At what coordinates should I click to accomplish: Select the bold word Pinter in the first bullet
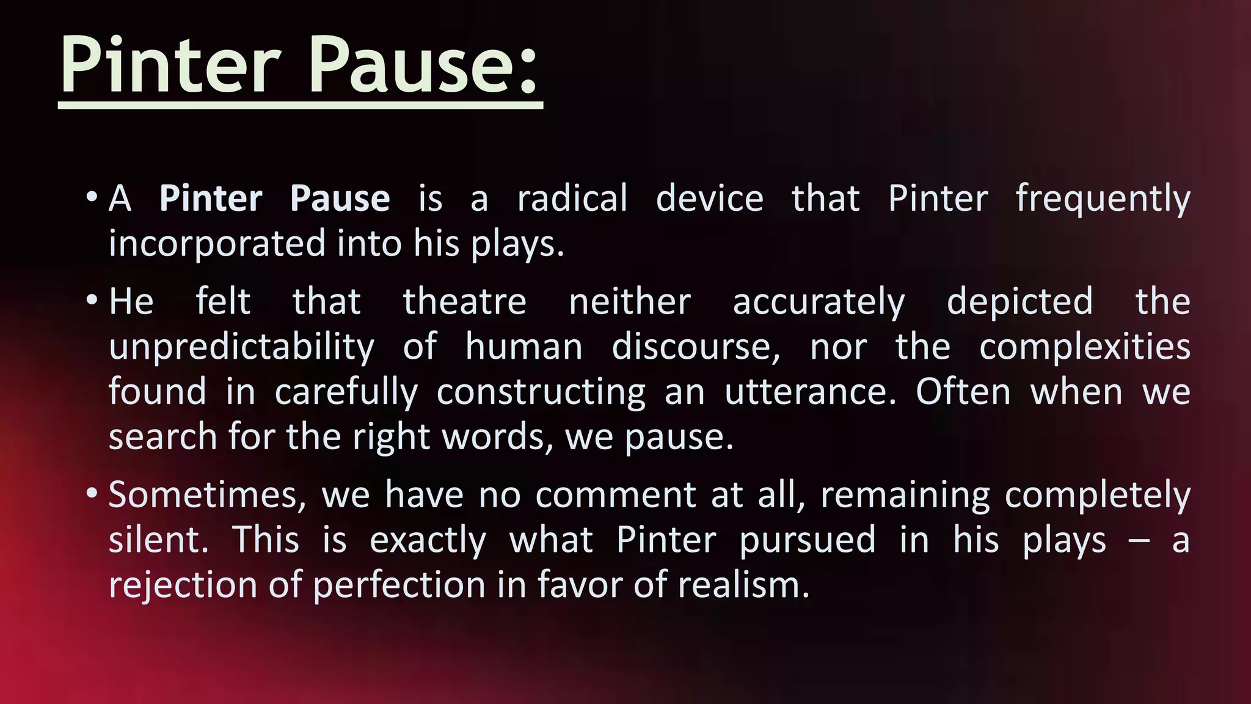pos(211,199)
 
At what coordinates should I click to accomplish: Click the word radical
pos(572,199)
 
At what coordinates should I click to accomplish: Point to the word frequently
pos(1103,200)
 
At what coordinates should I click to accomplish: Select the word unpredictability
pos(241,347)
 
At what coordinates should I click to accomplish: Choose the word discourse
pos(696,347)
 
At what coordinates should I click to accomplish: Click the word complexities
pos(1085,347)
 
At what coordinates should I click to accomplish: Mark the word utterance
pos(810,392)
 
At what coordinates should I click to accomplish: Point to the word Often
pos(963,392)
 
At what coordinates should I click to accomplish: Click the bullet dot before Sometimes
pos(92,493)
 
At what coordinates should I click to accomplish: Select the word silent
pos(158,540)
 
